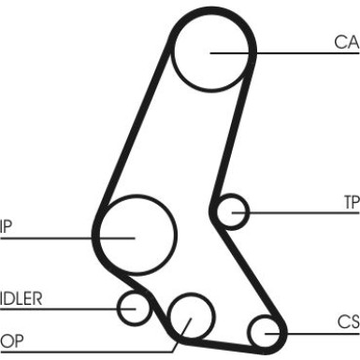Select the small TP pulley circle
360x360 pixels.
point(230,212)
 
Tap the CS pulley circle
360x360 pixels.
point(265,330)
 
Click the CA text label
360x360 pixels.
point(346,42)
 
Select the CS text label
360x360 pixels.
point(348,322)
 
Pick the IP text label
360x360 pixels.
point(7,226)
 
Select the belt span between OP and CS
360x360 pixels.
point(229,338)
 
